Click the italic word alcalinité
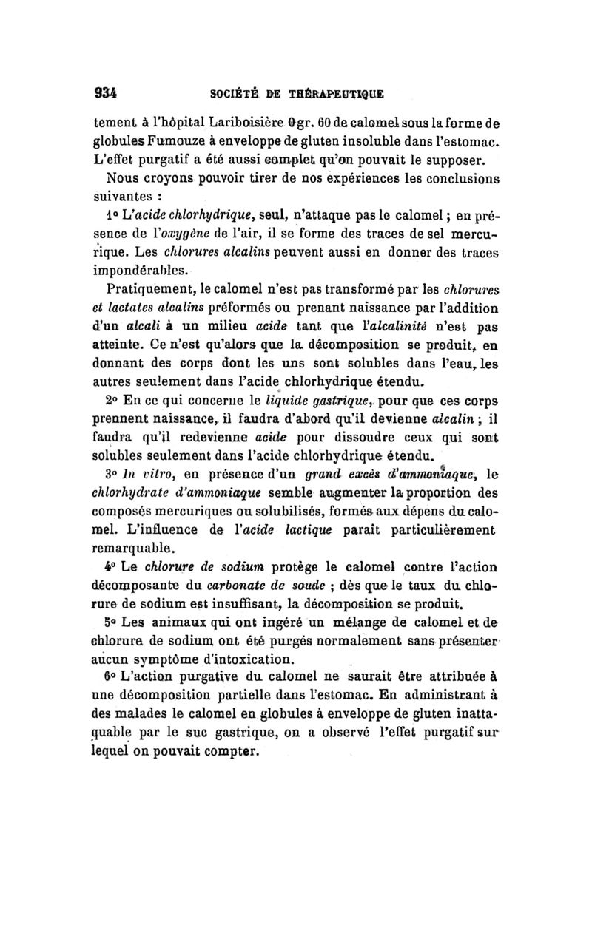[x=403, y=327]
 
